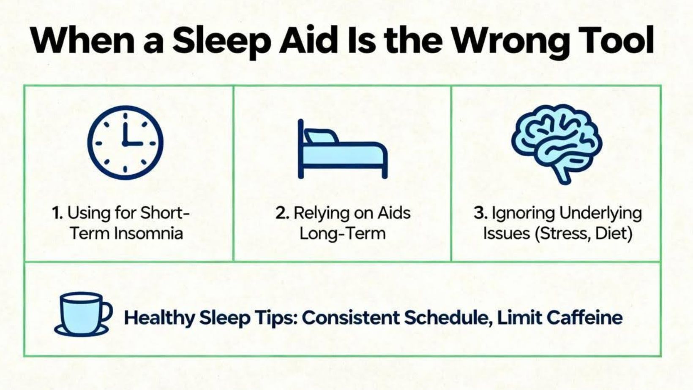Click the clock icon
tap(126, 143)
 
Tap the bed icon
tap(342, 149)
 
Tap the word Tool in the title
tap(613, 40)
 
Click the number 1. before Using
tap(57, 213)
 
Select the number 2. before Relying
tap(282, 213)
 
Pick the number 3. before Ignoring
tap(480, 213)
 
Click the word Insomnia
tap(148, 233)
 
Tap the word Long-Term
tap(342, 234)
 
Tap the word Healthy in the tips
tap(160, 318)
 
